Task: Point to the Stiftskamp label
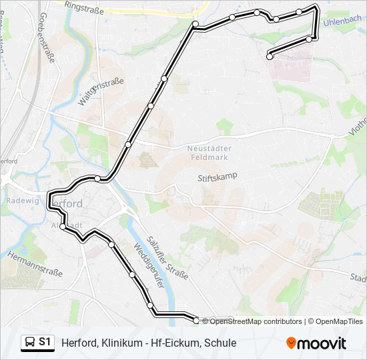point(218,177)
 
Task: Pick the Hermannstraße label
point(34,263)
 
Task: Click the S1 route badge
point(37,343)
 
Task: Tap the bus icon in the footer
point(29,343)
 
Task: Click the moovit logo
point(316,343)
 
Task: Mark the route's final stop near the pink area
point(270,57)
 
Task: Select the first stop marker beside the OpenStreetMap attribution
point(196,321)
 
